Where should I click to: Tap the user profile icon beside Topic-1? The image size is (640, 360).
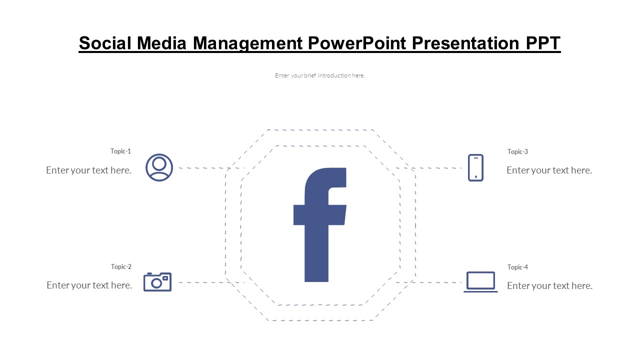[x=159, y=167]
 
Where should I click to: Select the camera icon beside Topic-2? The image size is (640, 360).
[x=157, y=282]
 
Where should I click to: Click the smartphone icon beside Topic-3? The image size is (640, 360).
[x=475, y=167]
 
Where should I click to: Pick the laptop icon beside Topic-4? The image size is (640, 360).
[x=480, y=282]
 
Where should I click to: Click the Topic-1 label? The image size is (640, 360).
[x=121, y=151]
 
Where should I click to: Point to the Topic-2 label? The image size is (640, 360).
[x=121, y=266]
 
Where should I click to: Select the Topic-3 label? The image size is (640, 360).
[x=517, y=151]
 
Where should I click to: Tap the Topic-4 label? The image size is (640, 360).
[x=517, y=267]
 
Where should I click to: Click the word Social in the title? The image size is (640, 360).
[x=105, y=43]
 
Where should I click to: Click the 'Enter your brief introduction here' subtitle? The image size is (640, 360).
[x=320, y=75]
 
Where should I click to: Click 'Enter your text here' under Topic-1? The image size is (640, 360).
[x=89, y=170]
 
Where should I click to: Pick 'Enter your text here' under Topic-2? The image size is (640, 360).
[x=89, y=285]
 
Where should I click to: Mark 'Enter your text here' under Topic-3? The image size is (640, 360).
[x=549, y=170]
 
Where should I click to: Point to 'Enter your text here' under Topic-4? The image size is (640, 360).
[x=549, y=285]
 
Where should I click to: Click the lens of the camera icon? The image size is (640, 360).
[x=156, y=283]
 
